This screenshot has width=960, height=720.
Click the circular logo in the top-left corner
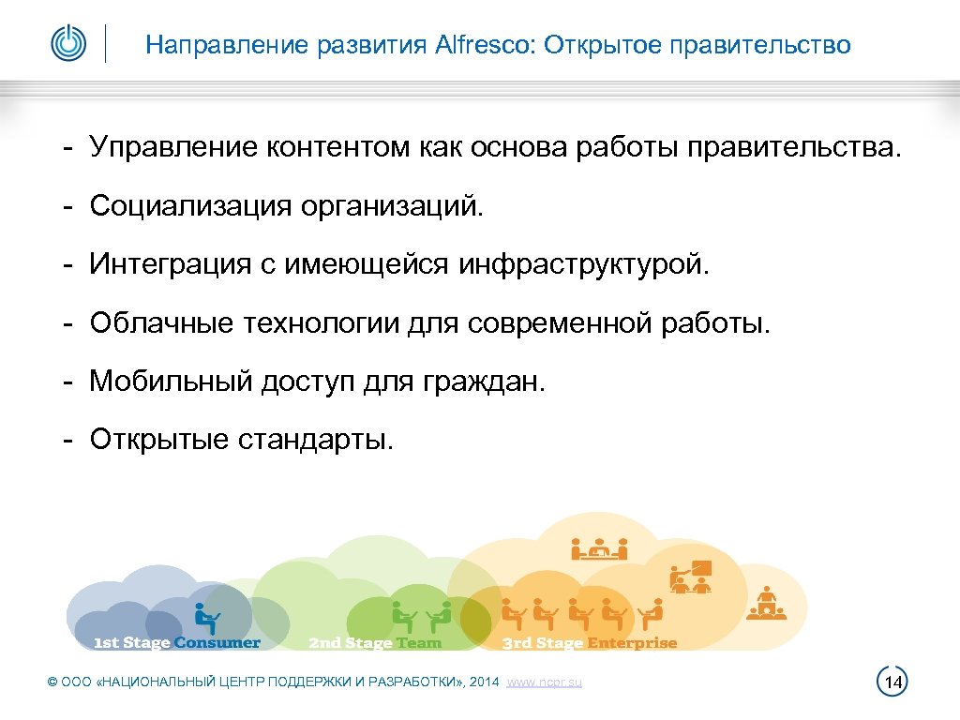point(67,43)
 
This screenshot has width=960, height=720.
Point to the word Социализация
point(190,205)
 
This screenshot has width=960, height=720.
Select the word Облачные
point(161,324)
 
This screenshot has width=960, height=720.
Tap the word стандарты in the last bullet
point(316,439)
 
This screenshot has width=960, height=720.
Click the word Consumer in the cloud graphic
point(217,643)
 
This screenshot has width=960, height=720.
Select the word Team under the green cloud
point(418,643)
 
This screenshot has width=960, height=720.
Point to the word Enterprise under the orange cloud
point(632,643)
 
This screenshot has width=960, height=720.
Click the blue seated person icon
point(206,616)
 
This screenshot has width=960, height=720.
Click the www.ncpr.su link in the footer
point(544,682)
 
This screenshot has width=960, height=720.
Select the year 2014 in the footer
point(486,682)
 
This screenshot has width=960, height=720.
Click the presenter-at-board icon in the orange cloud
point(691,577)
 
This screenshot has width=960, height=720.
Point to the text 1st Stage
point(132,643)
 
